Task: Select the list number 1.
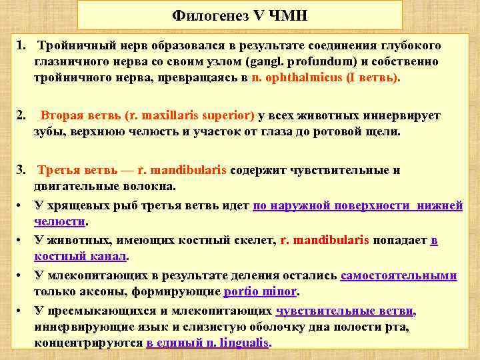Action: pos(21,45)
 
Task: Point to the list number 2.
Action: pos(21,116)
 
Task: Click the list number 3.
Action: pos(21,170)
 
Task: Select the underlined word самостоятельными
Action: pos(399,275)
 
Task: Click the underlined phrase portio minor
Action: pos(261,291)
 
